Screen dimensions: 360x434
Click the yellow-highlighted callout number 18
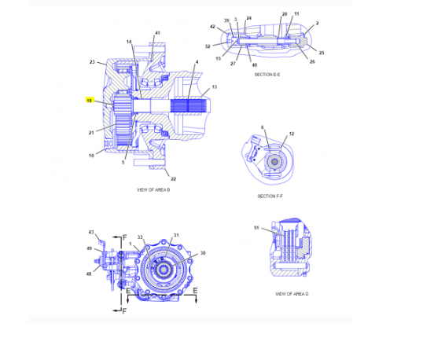point(90,101)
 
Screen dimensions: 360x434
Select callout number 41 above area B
point(157,32)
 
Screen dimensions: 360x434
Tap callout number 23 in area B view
point(92,61)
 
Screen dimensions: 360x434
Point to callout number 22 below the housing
point(173,178)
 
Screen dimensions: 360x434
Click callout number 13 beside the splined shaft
point(214,87)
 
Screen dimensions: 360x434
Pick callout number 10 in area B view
point(92,156)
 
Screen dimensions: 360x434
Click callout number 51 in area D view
point(256,227)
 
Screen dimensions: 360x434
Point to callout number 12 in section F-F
point(291,134)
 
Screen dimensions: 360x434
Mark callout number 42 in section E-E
point(212,27)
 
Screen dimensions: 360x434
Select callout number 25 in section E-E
point(321,53)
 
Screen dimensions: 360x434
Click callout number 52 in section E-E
point(208,46)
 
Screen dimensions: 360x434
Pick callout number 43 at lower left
point(91,232)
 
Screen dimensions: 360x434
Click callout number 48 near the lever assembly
point(89,274)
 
